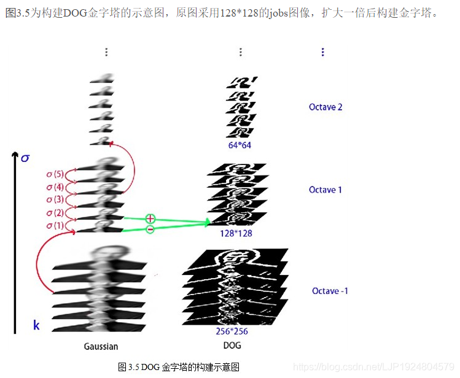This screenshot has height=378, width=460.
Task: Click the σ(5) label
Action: (55, 174)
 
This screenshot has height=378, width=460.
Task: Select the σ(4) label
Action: (55, 187)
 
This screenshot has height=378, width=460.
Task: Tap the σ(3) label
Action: (55, 199)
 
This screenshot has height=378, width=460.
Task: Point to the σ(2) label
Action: (55, 212)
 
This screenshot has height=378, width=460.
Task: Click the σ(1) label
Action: (55, 225)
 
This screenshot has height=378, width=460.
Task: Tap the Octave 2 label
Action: (326, 107)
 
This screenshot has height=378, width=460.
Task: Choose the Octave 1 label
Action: (326, 190)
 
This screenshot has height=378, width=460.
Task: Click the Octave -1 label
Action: (330, 290)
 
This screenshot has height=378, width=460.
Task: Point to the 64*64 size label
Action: (239, 145)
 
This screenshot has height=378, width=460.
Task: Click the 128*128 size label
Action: (235, 233)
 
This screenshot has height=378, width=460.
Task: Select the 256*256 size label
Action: (232, 331)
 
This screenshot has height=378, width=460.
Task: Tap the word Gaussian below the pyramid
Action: (101, 347)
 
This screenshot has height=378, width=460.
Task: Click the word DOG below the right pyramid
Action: (232, 346)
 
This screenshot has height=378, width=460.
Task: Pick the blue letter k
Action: (36, 325)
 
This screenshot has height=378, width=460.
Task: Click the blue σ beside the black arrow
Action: (25, 158)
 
